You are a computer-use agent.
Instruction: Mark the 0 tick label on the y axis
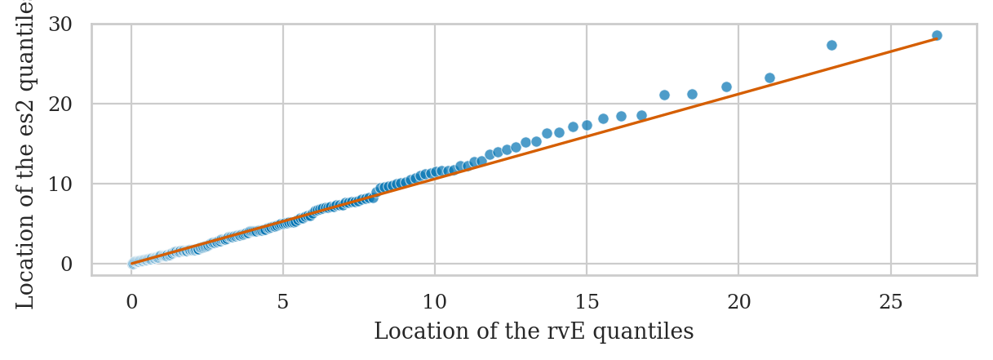67,264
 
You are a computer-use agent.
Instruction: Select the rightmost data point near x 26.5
937,35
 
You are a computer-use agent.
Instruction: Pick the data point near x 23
831,45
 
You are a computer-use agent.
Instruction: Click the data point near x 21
769,78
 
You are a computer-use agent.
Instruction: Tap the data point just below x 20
726,87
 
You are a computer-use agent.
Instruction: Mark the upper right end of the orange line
937,38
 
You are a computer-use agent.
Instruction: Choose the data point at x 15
587,125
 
